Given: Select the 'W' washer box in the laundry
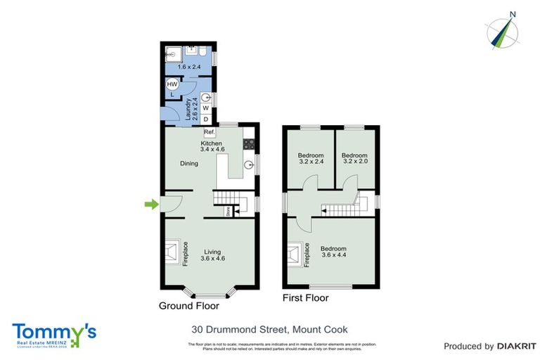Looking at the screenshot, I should pos(205,108).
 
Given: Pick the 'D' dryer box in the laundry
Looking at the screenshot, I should pos(205,120).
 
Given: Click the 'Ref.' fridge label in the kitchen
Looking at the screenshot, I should pos(209,132).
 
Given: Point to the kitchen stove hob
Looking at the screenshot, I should pos(248,144).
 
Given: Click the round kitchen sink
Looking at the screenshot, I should pos(248,165).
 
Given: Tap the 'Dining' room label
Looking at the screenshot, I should pos(188,164).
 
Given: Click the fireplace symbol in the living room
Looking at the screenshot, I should pos(173,252).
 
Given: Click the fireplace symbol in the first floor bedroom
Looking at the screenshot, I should pos(295,254).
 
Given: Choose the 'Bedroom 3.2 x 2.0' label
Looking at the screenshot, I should pos(354,159).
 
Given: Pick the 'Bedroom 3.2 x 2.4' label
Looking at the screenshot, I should pos(310,159).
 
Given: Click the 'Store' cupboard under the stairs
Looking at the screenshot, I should pos(229,210).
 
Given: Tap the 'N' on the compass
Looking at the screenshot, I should pos(513,13).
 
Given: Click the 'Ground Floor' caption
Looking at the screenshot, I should pos(188,306).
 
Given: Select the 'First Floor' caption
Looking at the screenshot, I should pos(305,297).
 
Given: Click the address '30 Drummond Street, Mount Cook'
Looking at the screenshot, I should pos(270,329).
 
